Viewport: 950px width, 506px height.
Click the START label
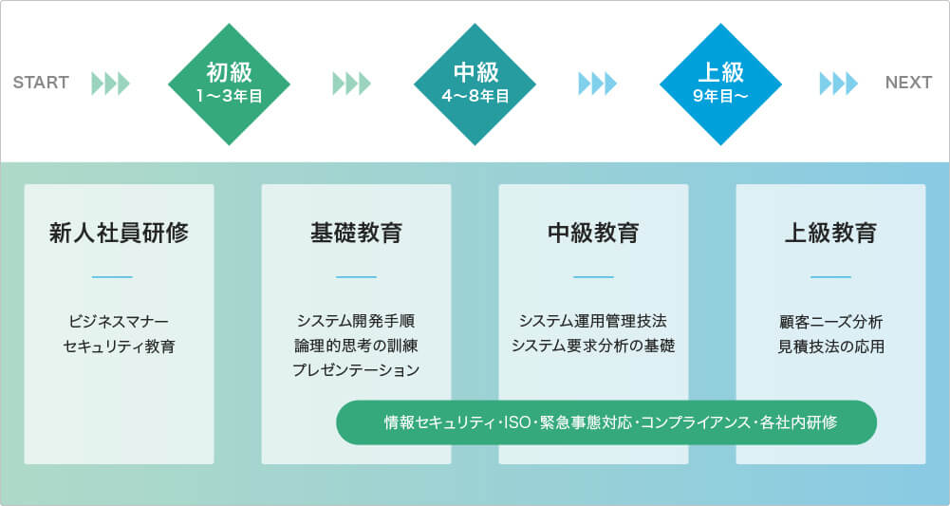point(41,83)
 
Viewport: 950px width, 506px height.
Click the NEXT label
point(908,83)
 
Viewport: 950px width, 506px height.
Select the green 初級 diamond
point(229,84)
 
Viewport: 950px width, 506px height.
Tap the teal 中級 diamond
point(475,84)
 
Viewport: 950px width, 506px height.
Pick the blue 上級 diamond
point(720,84)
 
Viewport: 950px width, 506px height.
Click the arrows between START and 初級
point(110,84)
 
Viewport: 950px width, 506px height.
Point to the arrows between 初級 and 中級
point(351,84)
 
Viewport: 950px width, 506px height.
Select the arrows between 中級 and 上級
point(597,84)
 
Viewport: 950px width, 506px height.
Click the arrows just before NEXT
point(839,84)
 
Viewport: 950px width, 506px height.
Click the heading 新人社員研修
point(119,232)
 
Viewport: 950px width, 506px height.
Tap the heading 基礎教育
point(356,232)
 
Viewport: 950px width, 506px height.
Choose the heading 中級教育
point(593,232)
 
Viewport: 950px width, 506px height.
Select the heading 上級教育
point(830,232)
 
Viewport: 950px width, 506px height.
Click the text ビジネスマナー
point(119,321)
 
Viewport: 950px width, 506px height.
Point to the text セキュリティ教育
point(119,346)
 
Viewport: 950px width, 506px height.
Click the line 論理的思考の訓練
point(356,346)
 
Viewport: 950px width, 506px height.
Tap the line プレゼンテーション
point(356,369)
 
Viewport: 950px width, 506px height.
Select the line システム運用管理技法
point(593,321)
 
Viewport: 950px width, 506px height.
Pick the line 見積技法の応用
point(830,346)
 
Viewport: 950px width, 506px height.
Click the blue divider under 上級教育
point(830,277)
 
